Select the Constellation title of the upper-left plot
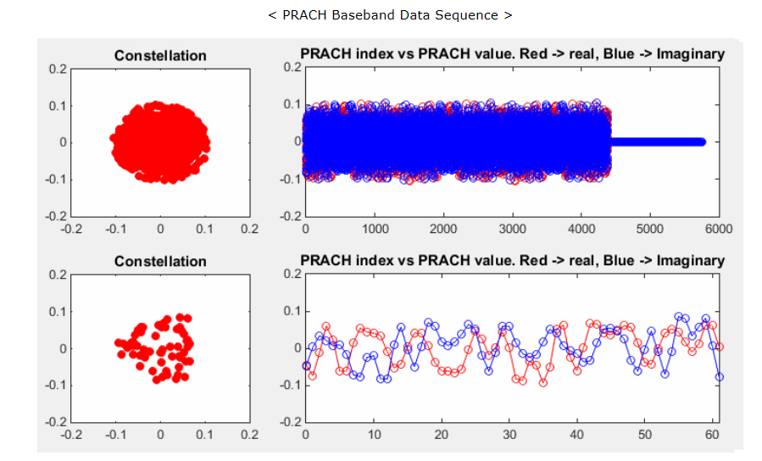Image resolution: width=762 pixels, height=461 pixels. [160, 56]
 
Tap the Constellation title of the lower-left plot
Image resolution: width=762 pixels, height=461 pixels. [160, 262]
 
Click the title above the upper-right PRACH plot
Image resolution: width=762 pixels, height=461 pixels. [512, 54]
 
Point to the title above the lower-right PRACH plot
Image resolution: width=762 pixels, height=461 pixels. [512, 260]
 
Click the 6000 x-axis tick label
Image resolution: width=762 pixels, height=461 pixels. [719, 229]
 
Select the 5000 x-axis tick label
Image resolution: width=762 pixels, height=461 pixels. [649, 229]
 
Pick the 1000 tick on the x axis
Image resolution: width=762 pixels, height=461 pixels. [375, 229]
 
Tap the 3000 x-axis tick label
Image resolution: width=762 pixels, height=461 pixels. [512, 229]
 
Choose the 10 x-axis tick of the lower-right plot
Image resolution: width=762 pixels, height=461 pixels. [374, 435]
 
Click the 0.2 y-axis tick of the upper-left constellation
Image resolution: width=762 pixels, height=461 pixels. [57, 69]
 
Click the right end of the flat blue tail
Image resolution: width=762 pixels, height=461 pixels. [703, 142]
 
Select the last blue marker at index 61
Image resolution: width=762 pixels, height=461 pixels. [720, 376]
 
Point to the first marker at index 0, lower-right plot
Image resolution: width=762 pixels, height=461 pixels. [306, 365]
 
